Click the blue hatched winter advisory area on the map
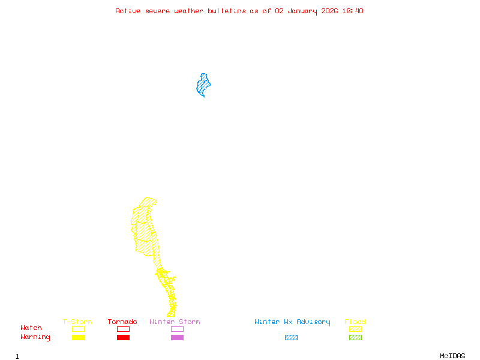(203, 85)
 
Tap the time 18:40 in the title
(353, 11)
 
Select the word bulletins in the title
(226, 11)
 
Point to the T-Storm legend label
(77, 322)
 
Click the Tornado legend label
(122, 322)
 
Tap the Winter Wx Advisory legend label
(292, 322)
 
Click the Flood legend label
(355, 322)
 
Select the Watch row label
(31, 328)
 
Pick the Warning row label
(35, 337)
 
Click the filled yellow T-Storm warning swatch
(78, 338)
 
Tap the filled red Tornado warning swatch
(123, 338)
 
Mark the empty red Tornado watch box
(123, 329)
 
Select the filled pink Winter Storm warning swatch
(177, 338)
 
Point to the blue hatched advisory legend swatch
(291, 338)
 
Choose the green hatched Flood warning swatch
(355, 338)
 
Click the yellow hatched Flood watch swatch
(355, 329)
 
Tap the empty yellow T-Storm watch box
(78, 329)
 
